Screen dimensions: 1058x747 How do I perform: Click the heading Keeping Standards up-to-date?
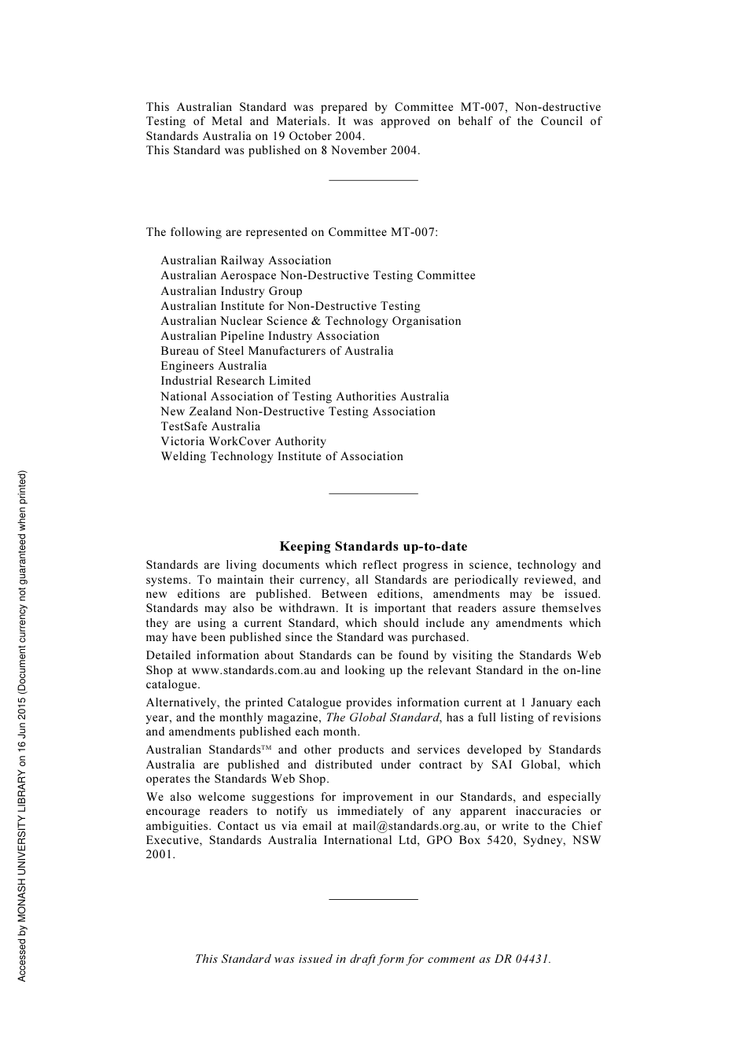[373, 547]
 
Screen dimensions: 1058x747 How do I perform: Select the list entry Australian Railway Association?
[246, 260]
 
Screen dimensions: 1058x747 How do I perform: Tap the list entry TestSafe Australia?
[210, 426]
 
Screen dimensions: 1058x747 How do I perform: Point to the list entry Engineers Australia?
[214, 366]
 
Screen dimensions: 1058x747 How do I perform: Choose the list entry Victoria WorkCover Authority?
[243, 441]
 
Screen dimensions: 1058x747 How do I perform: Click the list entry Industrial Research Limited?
[236, 381]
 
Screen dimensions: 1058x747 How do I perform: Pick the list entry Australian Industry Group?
[231, 291]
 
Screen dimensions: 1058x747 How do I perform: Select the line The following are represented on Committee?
[292, 232]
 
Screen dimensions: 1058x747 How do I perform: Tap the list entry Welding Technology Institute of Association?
[282, 456]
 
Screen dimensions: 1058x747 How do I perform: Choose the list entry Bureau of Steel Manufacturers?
[277, 351]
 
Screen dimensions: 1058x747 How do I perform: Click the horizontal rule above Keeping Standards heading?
[373, 494]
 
